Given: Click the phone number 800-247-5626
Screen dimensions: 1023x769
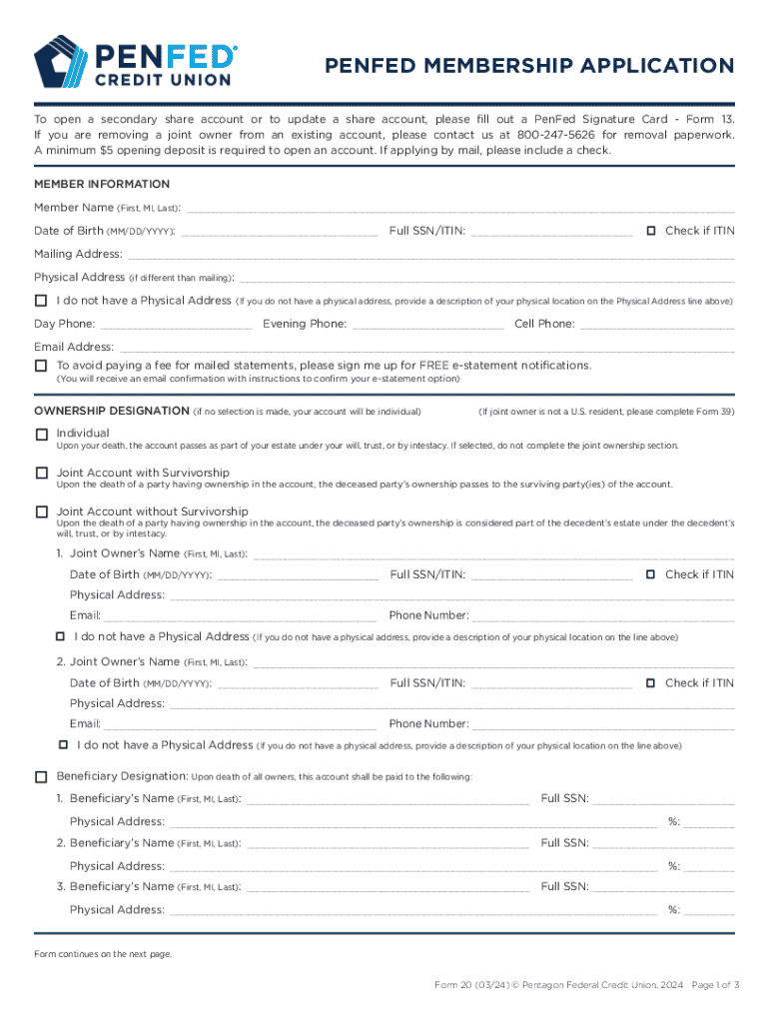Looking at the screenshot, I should [555, 134].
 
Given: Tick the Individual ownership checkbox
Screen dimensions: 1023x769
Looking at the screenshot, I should [41, 435].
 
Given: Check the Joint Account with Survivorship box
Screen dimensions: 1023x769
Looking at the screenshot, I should [41, 473].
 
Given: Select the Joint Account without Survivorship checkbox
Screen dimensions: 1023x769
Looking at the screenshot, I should [41, 511].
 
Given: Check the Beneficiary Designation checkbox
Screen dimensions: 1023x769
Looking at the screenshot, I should [41, 776].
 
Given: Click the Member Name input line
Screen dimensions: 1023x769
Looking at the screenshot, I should [459, 209].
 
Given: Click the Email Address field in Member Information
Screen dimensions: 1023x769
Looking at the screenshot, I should [425, 349].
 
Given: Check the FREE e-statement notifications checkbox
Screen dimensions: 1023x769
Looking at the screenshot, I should [41, 366].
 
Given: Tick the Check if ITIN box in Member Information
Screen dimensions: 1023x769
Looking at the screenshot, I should [650, 231].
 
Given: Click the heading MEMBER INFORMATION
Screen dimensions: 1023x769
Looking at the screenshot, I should [102, 184].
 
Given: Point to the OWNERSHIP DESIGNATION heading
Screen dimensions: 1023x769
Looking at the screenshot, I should [111, 412].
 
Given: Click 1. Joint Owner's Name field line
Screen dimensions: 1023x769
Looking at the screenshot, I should [493, 555].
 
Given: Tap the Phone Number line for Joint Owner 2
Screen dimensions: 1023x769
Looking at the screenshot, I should [602, 725].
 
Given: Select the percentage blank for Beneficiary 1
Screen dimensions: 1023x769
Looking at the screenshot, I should [709, 823].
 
